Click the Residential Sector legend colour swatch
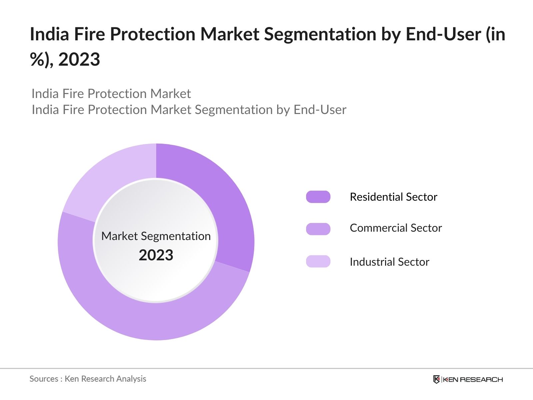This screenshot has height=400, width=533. tap(318, 197)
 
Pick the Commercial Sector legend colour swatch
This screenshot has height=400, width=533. tap(318, 229)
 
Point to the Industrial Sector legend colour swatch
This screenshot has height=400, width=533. tap(318, 261)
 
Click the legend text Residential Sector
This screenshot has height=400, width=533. tap(393, 197)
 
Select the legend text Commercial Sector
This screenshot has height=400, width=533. tap(395, 228)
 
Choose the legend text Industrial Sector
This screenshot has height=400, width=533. tap(389, 262)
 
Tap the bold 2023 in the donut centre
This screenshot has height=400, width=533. tap(156, 255)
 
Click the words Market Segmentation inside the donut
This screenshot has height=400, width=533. tap(156, 236)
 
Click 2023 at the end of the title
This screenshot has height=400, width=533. tap(79, 60)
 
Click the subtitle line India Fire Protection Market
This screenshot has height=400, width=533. tap(111, 94)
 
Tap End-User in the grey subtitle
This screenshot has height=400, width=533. tap(319, 110)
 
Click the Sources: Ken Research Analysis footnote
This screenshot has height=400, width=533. tap(88, 379)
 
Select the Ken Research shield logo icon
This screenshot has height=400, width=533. tap(436, 379)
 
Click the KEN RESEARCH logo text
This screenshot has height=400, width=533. tap(472, 379)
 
